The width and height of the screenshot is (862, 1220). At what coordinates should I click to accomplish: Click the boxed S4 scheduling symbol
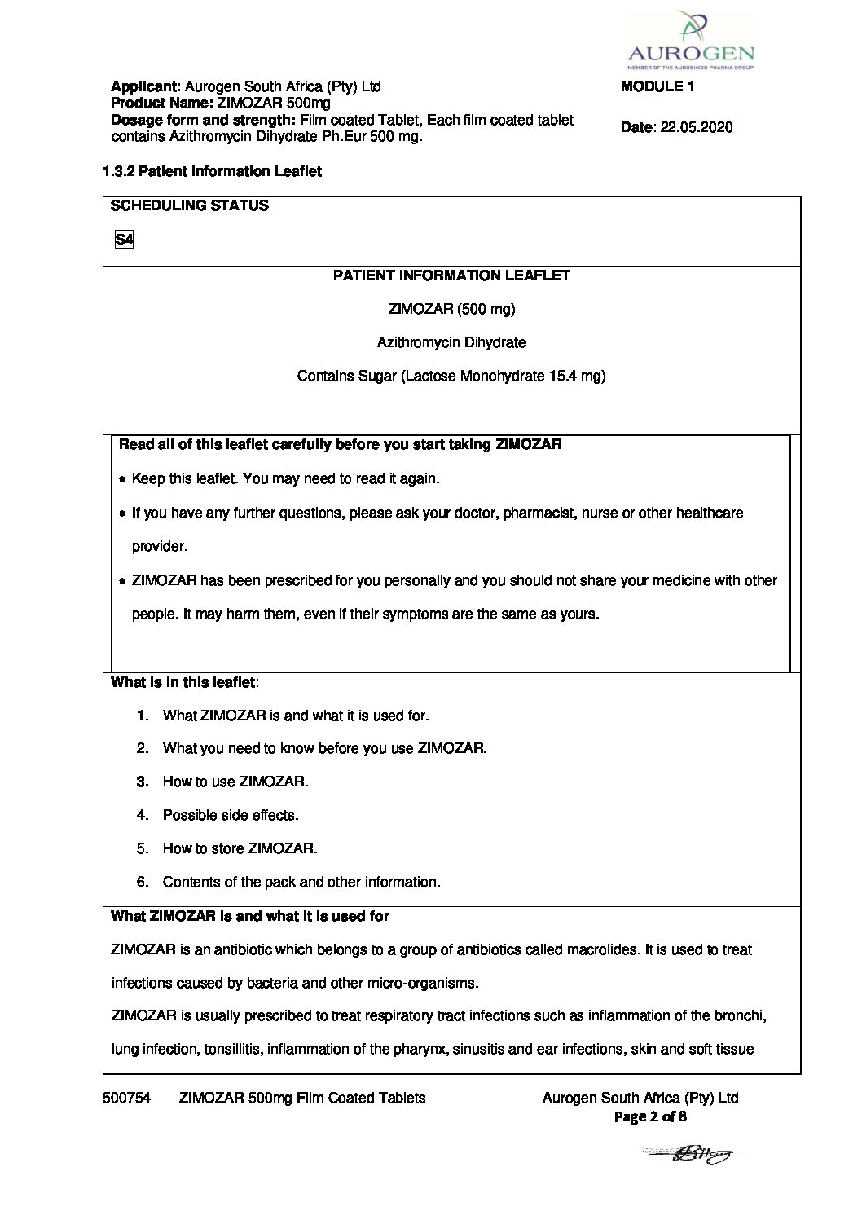tap(124, 240)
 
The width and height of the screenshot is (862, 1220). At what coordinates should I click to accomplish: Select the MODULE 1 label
tap(657, 86)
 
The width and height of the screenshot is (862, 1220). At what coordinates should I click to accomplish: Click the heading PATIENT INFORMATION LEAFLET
tap(451, 275)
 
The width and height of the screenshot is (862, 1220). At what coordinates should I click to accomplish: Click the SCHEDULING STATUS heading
tap(189, 205)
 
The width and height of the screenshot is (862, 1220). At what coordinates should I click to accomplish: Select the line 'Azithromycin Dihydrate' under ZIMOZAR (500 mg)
tap(451, 342)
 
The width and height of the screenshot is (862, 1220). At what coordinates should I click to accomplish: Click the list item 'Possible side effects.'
tap(231, 815)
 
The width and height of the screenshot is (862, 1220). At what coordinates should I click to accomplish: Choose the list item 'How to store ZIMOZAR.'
tap(240, 848)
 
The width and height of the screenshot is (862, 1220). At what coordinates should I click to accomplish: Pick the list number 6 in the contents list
tap(143, 882)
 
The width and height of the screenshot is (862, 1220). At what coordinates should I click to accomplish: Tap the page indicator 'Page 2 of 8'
tap(649, 1116)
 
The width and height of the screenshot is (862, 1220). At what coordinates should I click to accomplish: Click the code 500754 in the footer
tap(126, 1098)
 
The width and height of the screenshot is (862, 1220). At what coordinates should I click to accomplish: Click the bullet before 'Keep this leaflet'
tap(122, 480)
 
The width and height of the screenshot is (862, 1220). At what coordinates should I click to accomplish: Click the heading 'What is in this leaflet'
tap(183, 682)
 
